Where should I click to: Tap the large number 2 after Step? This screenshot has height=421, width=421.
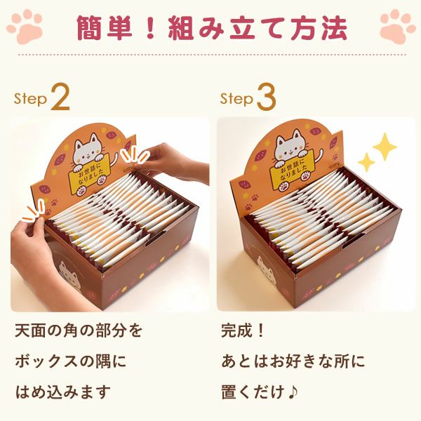(x=60, y=99)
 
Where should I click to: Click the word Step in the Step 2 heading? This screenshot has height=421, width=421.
(x=31, y=100)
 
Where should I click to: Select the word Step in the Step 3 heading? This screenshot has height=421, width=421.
(x=236, y=100)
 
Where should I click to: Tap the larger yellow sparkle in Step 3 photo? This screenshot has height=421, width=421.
(x=384, y=147)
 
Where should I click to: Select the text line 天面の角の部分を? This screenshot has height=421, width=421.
(x=78, y=330)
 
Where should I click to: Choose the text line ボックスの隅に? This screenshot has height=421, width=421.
(x=70, y=361)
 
